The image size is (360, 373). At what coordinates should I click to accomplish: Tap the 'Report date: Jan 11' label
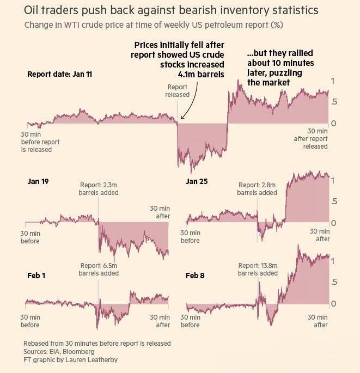click(59, 74)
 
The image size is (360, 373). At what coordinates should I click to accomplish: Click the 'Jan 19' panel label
click(38, 181)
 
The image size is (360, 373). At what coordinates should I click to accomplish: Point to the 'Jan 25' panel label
click(196, 181)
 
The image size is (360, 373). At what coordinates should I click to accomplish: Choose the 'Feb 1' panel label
click(36, 276)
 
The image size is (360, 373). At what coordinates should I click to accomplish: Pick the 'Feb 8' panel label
click(195, 276)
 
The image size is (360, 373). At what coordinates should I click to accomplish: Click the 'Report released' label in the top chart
click(178, 90)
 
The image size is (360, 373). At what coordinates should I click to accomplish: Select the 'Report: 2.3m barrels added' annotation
click(99, 188)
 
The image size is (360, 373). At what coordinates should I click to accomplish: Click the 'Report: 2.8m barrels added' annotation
click(257, 188)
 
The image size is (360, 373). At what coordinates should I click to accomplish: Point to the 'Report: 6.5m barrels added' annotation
click(99, 269)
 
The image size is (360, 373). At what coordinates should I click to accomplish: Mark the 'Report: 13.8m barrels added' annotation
click(258, 269)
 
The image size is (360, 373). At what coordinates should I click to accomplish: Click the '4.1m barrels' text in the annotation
click(201, 75)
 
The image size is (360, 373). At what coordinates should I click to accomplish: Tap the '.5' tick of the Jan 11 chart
click(333, 102)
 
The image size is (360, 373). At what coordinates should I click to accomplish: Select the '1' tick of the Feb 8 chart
click(333, 261)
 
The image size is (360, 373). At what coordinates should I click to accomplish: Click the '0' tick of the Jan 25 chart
click(333, 223)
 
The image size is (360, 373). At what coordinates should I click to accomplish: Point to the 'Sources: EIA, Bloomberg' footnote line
click(56, 352)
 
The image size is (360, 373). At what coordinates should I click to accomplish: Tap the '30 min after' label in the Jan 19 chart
click(160, 212)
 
